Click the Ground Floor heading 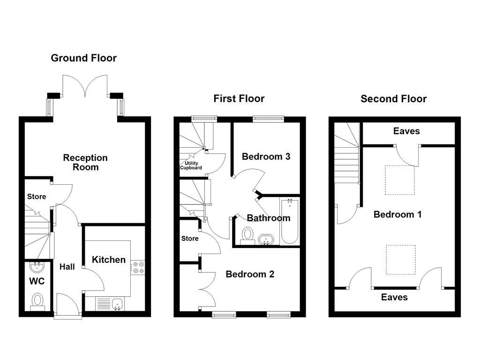pos(83,58)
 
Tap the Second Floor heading pos(393,99)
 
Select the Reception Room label pos(85,162)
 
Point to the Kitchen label pos(108,260)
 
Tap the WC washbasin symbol pos(37,268)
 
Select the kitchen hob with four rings pos(138,267)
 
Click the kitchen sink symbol pos(117,304)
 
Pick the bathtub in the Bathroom pos(289,221)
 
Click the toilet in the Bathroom pos(247,235)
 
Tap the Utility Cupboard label pos(191,165)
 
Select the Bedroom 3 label pos(266,157)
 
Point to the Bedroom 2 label pos(249,274)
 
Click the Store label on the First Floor pos(190,239)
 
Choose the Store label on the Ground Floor pos(37,196)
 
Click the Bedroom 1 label pos(397,215)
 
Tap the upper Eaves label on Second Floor pos(406,131)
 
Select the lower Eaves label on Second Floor pos(394,297)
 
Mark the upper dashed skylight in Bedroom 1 pos(400,180)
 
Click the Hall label pos(67,267)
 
